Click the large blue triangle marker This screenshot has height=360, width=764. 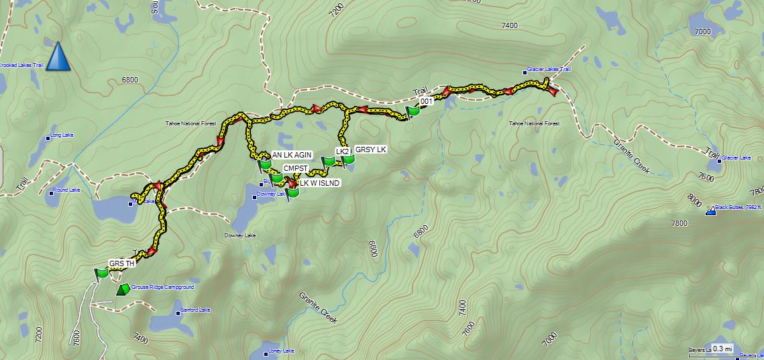(58, 56)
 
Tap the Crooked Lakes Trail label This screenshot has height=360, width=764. (21, 65)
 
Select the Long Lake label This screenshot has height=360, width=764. (62, 135)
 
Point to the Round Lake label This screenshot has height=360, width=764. (66, 190)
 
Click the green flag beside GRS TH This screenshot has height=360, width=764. (102, 273)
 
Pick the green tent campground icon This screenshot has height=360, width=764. (123, 290)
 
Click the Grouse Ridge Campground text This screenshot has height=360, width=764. (162, 287)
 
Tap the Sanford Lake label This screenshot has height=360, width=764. (195, 310)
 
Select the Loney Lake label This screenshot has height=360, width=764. (281, 351)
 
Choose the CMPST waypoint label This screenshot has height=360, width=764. (295, 168)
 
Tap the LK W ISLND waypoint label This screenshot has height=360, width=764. (320, 183)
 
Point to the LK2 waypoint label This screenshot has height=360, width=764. (343, 152)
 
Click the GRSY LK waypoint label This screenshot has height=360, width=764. (371, 149)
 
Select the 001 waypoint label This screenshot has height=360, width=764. (426, 101)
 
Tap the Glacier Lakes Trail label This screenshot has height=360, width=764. (549, 69)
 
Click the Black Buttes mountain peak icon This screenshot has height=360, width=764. (710, 212)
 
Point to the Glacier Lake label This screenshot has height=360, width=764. (736, 158)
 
